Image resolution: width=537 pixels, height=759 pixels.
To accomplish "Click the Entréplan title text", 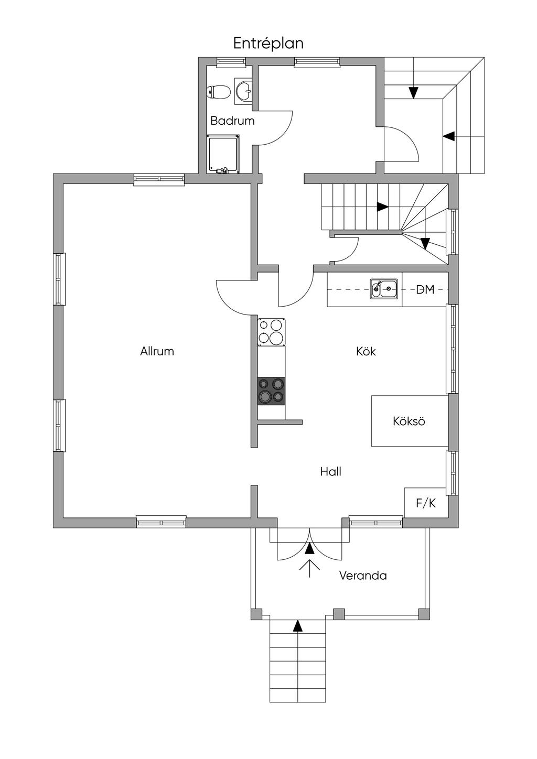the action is click(x=268, y=44).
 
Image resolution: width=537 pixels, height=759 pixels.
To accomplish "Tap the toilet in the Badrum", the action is click(x=219, y=92).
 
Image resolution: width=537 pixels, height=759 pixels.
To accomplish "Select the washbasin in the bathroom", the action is click(x=243, y=90).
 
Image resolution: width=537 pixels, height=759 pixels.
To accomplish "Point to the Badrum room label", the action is click(x=232, y=121).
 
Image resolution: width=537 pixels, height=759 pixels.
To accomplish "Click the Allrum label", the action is click(x=157, y=351).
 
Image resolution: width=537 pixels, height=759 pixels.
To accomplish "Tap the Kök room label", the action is click(x=366, y=351).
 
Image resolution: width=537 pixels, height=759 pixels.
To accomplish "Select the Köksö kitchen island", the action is click(x=410, y=421).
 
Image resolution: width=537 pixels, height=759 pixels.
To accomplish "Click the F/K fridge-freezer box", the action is click(x=426, y=503).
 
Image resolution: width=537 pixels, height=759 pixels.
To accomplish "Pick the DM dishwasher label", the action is click(x=425, y=289).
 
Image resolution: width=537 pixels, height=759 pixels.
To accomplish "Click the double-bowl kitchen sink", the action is click(x=384, y=289).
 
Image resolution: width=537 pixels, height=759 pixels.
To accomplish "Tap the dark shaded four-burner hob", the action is click(x=271, y=391).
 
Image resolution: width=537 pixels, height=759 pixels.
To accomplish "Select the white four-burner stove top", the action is click(x=271, y=332).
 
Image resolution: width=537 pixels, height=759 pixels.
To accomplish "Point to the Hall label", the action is click(x=330, y=471).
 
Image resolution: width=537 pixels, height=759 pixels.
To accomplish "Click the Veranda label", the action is click(x=363, y=576).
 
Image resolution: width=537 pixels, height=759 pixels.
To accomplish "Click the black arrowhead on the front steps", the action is click(x=297, y=626).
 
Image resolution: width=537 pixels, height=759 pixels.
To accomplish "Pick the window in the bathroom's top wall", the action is click(x=231, y=61).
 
